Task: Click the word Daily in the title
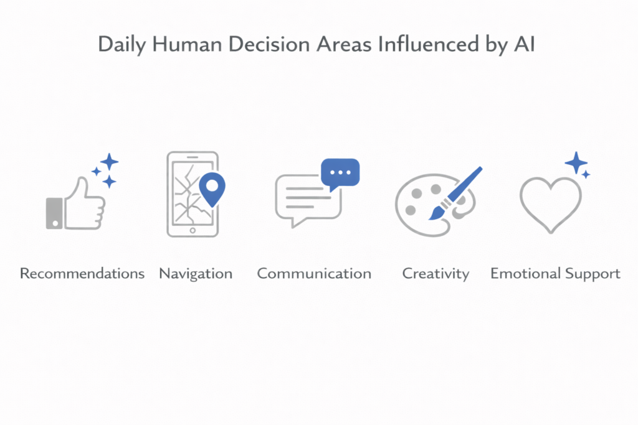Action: click(119, 47)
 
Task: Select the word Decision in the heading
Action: click(270, 47)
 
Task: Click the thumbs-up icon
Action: click(78, 202)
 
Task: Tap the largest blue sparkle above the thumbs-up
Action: click(110, 162)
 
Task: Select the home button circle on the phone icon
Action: click(193, 230)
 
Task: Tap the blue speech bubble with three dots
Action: click(340, 173)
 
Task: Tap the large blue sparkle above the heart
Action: click(576, 163)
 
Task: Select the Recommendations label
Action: click(82, 274)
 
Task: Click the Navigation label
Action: click(196, 274)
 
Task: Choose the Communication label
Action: click(314, 274)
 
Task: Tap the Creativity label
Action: click(436, 274)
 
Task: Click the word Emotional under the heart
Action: click(524, 274)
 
